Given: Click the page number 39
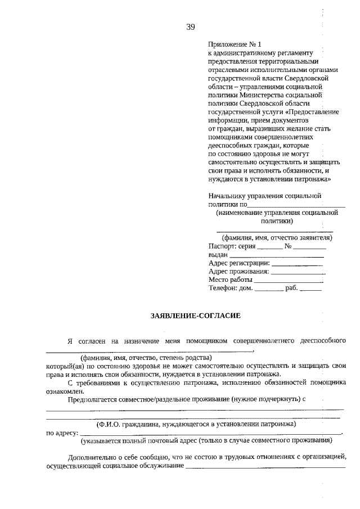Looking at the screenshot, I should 190,26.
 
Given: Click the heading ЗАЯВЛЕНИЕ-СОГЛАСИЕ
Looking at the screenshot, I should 195,317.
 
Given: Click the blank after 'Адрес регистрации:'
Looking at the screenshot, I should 298,264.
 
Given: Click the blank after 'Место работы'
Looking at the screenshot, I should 289,280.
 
